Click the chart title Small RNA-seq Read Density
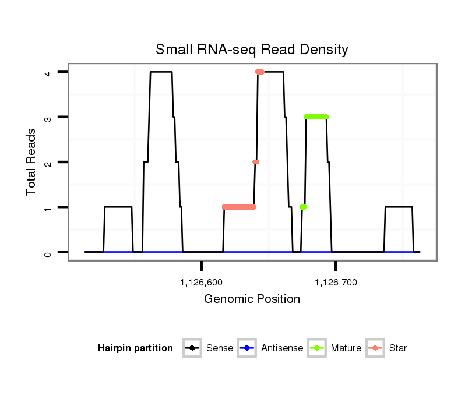tap(252, 50)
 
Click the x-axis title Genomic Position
tap(252, 299)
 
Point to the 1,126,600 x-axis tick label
tap(202, 283)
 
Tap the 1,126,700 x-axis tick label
tap(336, 283)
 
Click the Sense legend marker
tap(192, 348)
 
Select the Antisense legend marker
tap(247, 348)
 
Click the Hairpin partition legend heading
tap(135, 348)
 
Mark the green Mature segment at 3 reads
tap(316, 117)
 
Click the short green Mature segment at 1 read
tap(303, 207)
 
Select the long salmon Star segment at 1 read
tap(239, 207)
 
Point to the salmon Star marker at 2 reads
tap(255, 162)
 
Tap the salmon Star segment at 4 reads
tap(260, 72)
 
